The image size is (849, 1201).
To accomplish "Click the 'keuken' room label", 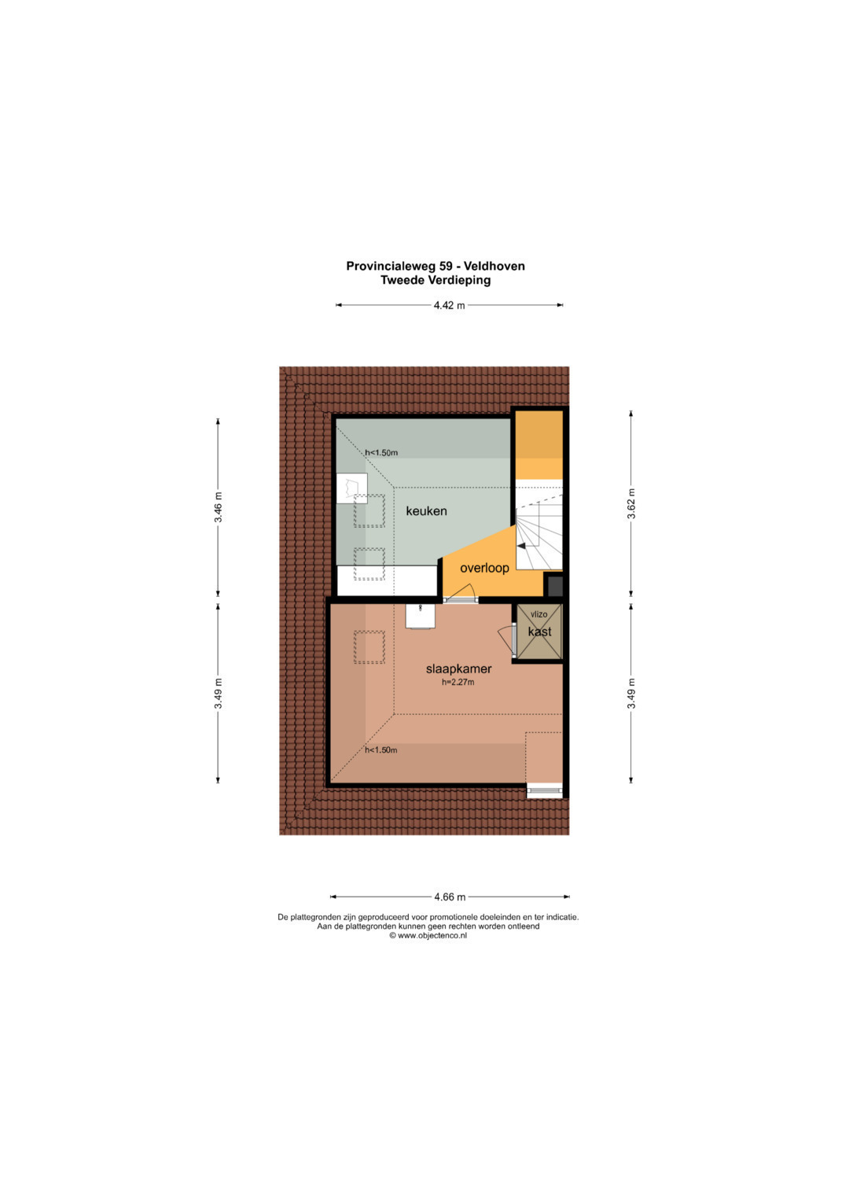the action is [x=426, y=511].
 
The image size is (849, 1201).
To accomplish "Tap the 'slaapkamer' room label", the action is [x=459, y=669].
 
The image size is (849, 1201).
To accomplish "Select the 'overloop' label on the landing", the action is [x=484, y=568].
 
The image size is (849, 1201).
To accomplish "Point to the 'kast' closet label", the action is [x=539, y=632].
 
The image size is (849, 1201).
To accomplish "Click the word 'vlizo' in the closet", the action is [x=538, y=614].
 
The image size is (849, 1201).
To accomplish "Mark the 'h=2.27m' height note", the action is [x=458, y=683].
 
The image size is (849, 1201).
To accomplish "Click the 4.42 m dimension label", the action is [x=449, y=306].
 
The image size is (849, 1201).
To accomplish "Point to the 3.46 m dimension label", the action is [x=219, y=507].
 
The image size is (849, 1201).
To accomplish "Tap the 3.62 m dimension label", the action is [x=631, y=504].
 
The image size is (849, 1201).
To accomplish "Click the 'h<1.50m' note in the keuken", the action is [x=381, y=452].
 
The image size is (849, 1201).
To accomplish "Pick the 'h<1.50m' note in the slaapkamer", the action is [x=381, y=750].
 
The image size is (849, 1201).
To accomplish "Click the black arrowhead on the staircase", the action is [x=521, y=545].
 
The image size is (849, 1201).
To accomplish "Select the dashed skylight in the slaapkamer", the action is [x=369, y=647].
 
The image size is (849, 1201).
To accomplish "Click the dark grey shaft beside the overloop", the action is [x=555, y=585].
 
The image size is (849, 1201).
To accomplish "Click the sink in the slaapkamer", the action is [x=421, y=616].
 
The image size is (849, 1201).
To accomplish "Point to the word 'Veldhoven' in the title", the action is [x=494, y=267].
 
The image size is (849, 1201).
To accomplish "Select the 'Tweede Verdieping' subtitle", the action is [x=436, y=281].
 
